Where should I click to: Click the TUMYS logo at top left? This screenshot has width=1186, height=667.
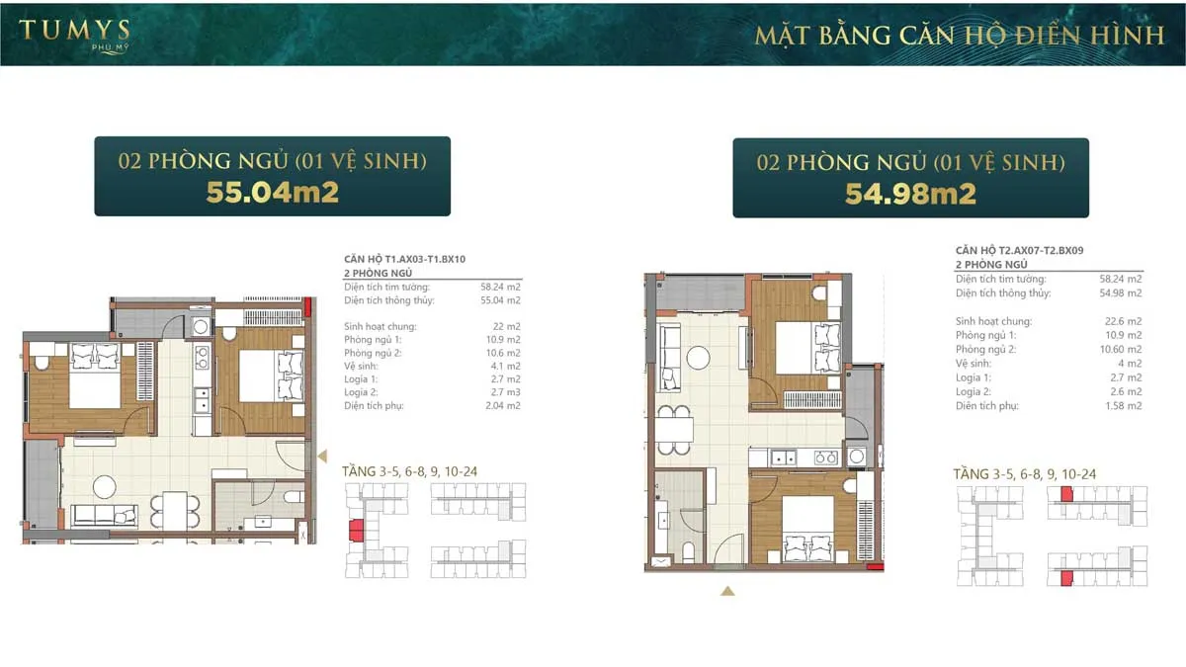click(x=74, y=34)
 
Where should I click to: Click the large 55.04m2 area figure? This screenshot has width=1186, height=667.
click(x=272, y=192)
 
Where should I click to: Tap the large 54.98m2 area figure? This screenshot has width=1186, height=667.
click(x=910, y=194)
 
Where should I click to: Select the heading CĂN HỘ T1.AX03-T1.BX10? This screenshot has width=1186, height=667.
click(x=404, y=260)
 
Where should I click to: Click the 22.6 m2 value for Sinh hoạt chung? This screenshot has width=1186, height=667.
click(x=1124, y=321)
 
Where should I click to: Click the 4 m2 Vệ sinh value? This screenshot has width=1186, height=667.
click(x=1131, y=364)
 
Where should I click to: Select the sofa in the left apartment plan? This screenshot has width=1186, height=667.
click(x=103, y=515)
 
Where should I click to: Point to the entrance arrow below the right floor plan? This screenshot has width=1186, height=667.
click(x=727, y=591)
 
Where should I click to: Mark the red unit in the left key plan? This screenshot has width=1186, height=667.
click(x=355, y=533)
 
